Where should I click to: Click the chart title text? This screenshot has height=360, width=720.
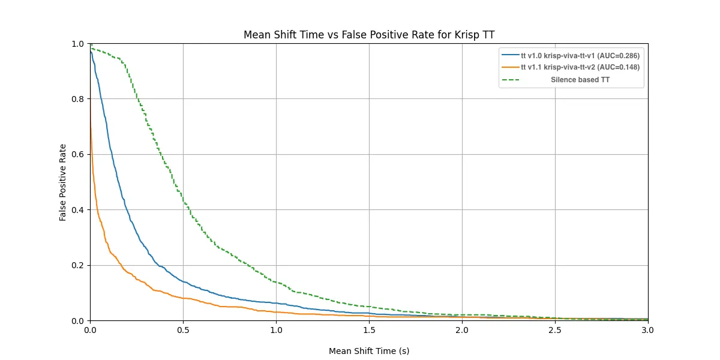369,35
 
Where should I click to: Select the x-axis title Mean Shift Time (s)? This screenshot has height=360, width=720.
369,351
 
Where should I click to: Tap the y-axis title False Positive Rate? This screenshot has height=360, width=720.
62,182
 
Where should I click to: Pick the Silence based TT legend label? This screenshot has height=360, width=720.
580,80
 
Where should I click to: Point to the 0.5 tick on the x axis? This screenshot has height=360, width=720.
183,329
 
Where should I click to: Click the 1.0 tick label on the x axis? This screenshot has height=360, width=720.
276,329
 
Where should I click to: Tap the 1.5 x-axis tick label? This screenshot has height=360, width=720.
369,329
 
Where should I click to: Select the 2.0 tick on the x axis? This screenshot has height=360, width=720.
462,329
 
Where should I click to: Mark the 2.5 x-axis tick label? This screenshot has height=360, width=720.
555,329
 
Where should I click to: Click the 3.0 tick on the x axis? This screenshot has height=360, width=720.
648,329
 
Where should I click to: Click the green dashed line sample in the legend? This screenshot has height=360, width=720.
511,80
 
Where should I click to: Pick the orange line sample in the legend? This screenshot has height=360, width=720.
511,68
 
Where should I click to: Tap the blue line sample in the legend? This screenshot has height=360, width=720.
511,56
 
